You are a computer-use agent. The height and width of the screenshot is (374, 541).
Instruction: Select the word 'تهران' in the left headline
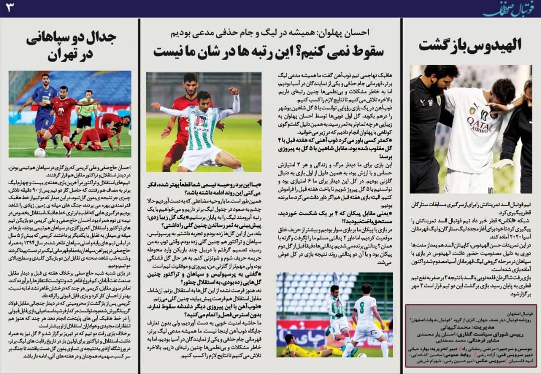[70, 56]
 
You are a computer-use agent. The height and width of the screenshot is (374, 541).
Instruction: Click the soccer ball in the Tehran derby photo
[40, 152]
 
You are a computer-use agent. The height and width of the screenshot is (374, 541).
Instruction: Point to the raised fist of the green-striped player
[233, 91]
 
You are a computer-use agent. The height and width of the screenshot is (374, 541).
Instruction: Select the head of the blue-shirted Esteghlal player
[46, 80]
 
